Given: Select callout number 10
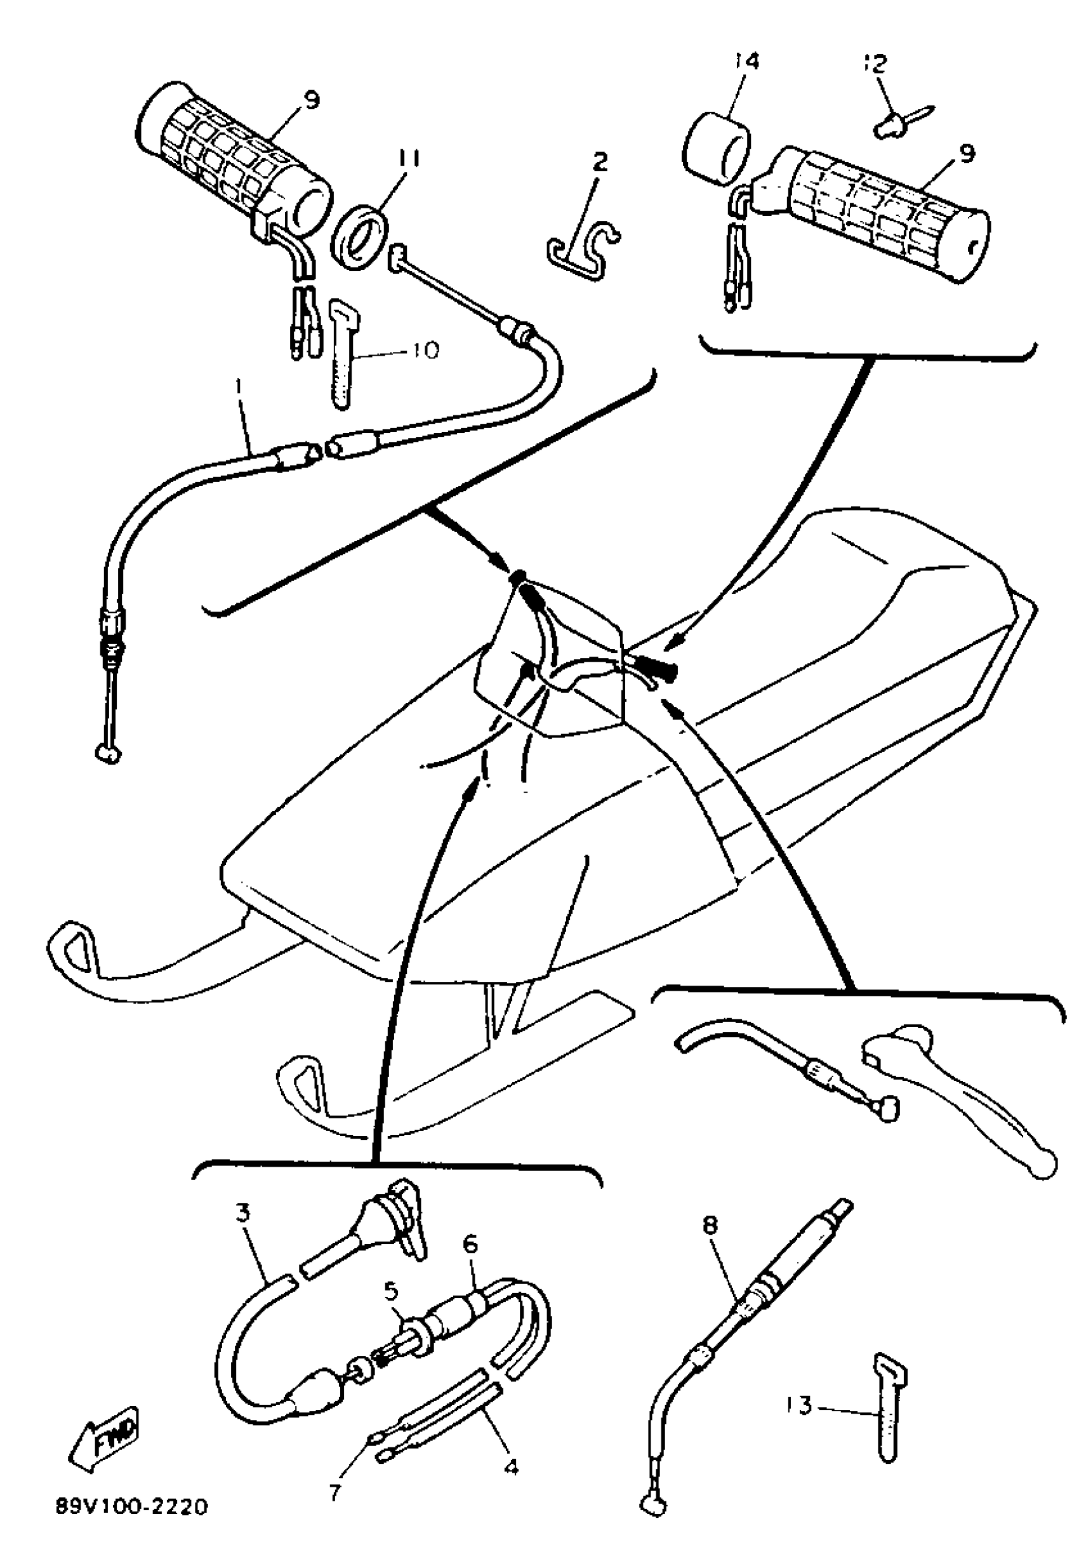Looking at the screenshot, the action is (x=423, y=351).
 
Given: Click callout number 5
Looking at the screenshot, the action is (x=392, y=1271).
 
